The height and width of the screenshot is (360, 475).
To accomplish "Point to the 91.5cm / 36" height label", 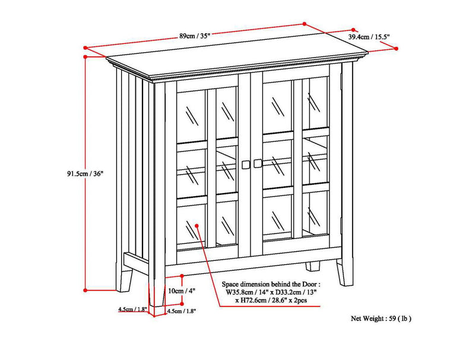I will point(85,174).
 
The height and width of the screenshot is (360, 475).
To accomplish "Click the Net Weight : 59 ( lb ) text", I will point(381,318).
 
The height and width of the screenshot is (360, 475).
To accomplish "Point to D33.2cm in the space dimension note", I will point(289,292).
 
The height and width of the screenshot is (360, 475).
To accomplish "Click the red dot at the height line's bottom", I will point(85,290).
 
